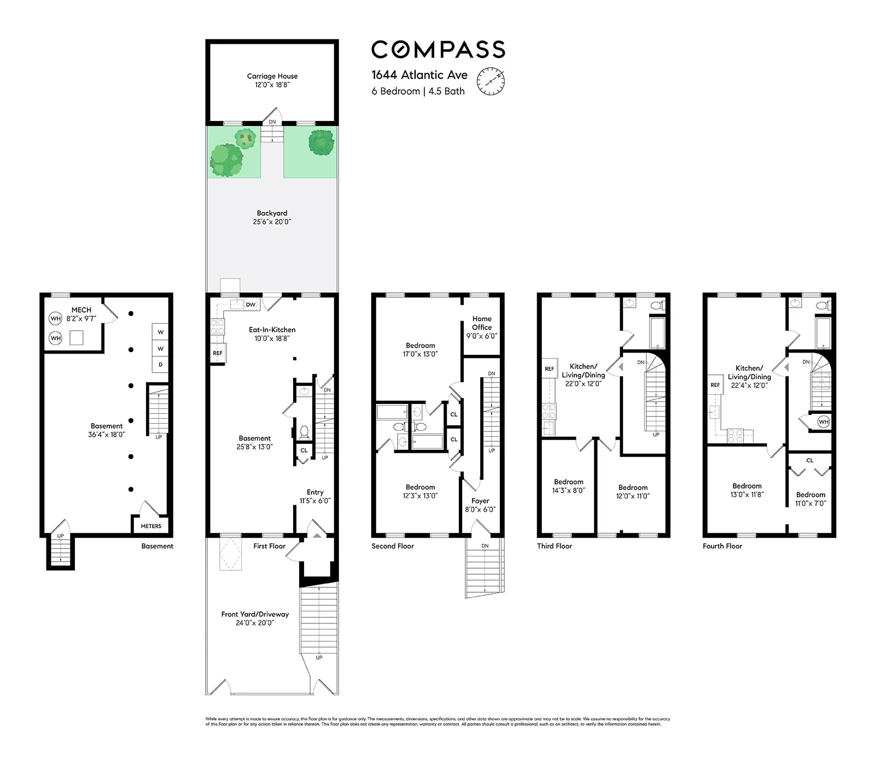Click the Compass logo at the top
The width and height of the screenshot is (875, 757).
coord(438,49)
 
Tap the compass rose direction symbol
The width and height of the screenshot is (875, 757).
coord(491,81)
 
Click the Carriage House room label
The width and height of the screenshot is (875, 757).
coord(272,77)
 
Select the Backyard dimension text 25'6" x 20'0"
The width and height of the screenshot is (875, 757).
coord(272,222)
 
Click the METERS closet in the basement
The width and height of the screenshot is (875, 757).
coord(151,525)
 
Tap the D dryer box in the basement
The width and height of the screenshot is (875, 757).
coord(160,364)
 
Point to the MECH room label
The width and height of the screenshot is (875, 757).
coord(81,310)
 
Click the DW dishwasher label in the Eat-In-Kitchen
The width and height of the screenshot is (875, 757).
coord(250,304)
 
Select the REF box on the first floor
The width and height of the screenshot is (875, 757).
coord(218,353)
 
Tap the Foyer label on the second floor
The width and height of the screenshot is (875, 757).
coord(480,501)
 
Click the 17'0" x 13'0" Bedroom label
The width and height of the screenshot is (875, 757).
coord(420,350)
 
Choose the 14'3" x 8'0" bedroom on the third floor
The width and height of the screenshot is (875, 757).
coord(568,486)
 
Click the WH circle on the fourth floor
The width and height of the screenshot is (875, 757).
coord(824,421)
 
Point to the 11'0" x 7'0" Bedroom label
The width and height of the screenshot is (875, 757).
coord(810,499)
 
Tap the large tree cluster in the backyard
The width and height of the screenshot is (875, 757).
coord(226,160)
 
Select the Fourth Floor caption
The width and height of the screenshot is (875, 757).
coord(722,546)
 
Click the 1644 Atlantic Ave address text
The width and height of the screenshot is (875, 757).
coord(419,75)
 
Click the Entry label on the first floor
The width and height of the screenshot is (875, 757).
coord(315,492)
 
